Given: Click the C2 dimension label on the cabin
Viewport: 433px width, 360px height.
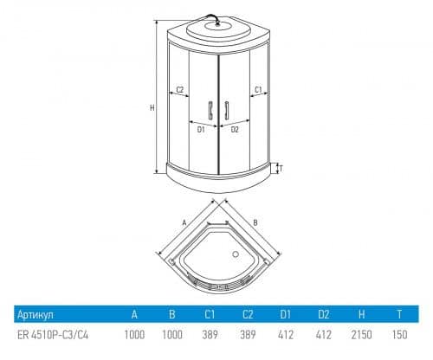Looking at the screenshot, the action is pyautogui.click(x=180, y=89).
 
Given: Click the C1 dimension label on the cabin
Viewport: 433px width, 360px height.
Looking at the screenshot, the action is pyautogui.click(x=258, y=90).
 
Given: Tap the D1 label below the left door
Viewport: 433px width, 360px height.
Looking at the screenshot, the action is pyautogui.click(x=201, y=130).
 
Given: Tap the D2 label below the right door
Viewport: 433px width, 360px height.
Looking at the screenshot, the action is pyautogui.click(x=235, y=130).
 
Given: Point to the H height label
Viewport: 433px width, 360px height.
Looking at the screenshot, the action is pyautogui.click(x=152, y=108).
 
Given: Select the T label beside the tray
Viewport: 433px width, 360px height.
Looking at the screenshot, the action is pyautogui.click(x=281, y=168).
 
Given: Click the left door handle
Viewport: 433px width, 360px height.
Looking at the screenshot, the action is pyautogui.click(x=210, y=110).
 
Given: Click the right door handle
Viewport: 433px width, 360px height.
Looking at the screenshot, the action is pyautogui.click(x=227, y=110).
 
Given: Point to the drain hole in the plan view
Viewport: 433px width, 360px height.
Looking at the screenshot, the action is pyautogui.click(x=236, y=254).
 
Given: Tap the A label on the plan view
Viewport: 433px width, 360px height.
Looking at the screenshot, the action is pyautogui.click(x=184, y=222).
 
